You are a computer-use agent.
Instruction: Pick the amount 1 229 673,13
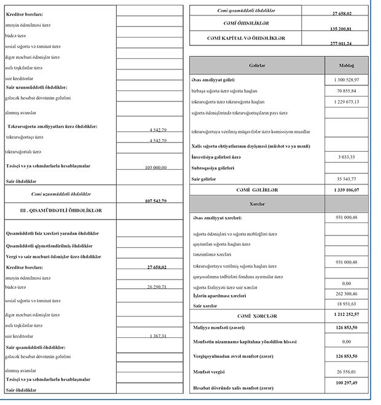pos(347,101)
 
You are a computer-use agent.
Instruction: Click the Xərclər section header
pos(257,202)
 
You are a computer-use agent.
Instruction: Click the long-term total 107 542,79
pos(155,201)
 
